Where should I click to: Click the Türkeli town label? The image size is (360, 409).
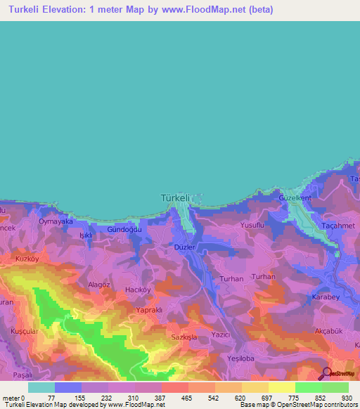pyautogui.click(x=176, y=198)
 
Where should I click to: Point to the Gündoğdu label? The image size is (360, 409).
pyautogui.click(x=124, y=230)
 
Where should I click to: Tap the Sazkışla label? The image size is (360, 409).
pyautogui.click(x=185, y=337)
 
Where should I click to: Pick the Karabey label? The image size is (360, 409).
pyautogui.click(x=326, y=297)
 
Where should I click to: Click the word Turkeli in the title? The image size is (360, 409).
pyautogui.click(x=30, y=10)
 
